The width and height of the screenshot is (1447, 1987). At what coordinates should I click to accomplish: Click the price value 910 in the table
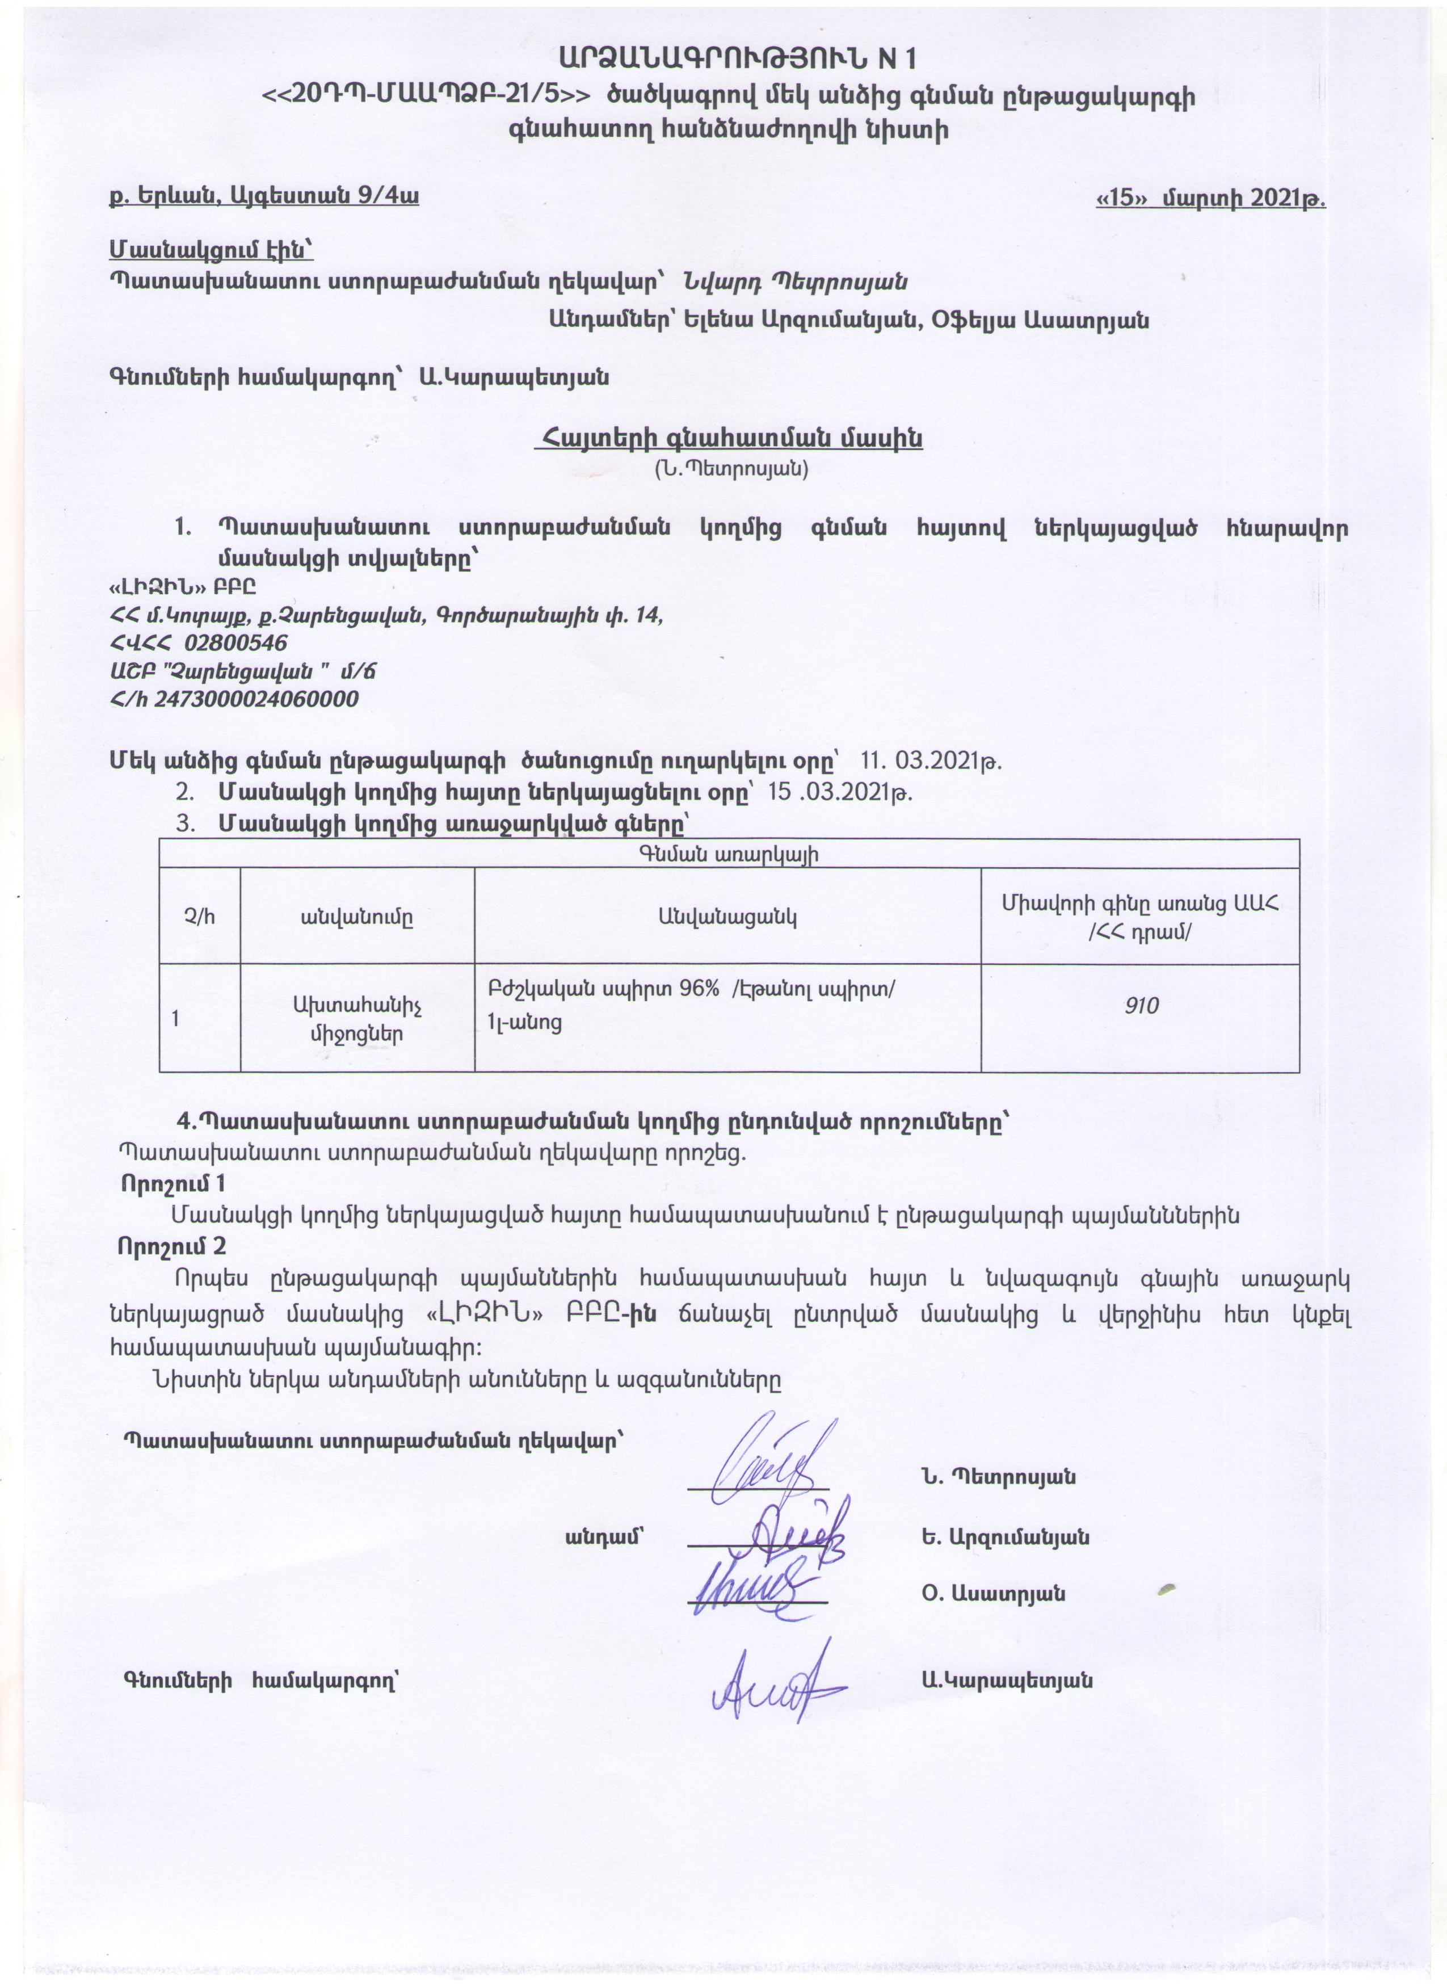[x=1141, y=1005]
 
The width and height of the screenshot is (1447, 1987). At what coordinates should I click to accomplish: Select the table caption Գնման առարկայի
[x=729, y=855]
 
